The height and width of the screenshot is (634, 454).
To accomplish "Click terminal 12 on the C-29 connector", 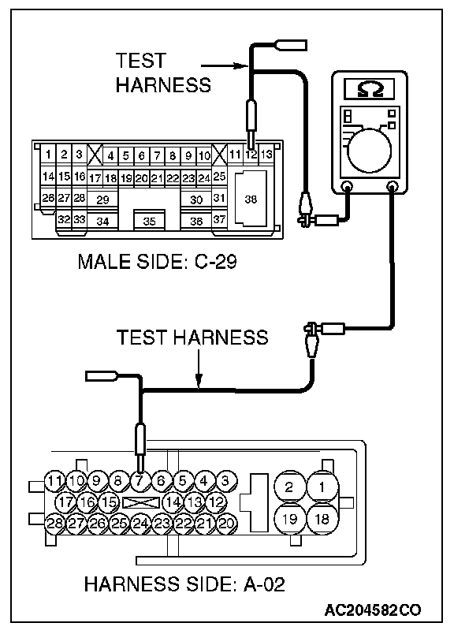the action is click(x=251, y=155).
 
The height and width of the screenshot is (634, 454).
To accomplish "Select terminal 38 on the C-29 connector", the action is click(x=251, y=199).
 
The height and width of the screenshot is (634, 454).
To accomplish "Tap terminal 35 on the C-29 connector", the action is click(x=150, y=221).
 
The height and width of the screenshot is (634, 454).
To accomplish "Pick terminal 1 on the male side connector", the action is click(x=48, y=154).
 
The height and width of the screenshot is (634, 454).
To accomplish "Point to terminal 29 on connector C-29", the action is click(x=102, y=200).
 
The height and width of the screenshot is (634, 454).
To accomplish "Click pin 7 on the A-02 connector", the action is click(x=139, y=481).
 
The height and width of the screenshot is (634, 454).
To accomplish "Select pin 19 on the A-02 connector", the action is click(x=289, y=519).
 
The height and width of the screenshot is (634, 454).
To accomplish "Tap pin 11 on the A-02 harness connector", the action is click(x=54, y=481).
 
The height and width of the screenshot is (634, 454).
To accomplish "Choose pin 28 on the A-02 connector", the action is click(x=54, y=524).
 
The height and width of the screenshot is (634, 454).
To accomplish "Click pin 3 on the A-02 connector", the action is click(x=225, y=481).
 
